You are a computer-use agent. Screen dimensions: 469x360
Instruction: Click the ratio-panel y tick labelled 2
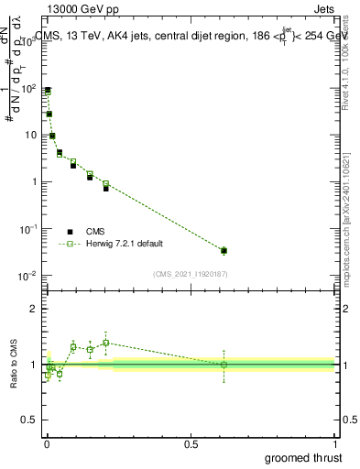point(33,309)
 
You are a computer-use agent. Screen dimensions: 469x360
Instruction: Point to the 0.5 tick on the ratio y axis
point(30,421)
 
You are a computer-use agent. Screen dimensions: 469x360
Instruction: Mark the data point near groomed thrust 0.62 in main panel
point(224,250)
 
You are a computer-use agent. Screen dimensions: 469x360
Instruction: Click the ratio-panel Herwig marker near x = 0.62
point(224,365)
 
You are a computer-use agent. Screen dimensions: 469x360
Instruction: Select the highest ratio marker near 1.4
point(106,343)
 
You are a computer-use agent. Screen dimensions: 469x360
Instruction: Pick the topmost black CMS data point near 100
point(48,90)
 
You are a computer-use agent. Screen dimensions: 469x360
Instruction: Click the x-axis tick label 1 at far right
point(335,444)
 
